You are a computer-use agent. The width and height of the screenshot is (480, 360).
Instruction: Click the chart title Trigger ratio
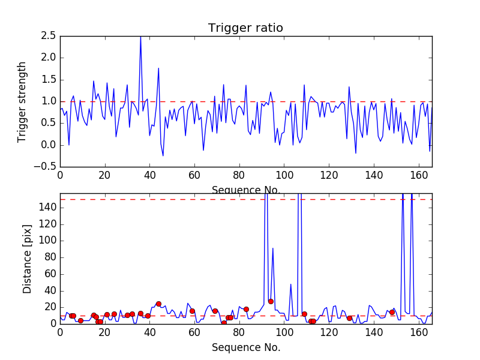(x=245, y=28)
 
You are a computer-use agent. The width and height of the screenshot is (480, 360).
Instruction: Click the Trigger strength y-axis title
(x=22, y=101)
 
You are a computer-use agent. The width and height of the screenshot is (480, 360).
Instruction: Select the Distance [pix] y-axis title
(x=28, y=259)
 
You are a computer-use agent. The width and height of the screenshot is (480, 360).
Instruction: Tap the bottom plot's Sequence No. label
(x=245, y=347)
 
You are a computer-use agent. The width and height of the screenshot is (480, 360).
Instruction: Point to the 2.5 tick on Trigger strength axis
(x=49, y=36)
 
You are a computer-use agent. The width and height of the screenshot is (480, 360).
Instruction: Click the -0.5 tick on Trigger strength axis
(x=47, y=167)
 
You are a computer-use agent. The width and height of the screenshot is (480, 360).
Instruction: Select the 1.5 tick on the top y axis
(x=49, y=80)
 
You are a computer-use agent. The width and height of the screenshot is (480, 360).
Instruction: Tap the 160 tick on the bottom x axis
(x=419, y=333)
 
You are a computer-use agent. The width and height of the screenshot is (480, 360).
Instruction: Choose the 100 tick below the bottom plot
(x=284, y=333)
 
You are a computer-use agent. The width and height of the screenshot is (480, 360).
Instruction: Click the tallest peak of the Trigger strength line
(x=141, y=37)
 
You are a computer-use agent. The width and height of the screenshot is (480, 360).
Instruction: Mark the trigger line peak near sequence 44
(x=158, y=68)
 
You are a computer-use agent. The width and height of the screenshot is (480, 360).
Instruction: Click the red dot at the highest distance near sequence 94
(x=271, y=301)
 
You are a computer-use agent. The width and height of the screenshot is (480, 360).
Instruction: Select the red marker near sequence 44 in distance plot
(x=158, y=304)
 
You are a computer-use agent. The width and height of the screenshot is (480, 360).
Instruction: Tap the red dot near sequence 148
(x=392, y=312)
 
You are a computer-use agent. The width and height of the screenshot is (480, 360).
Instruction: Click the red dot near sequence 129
(x=349, y=318)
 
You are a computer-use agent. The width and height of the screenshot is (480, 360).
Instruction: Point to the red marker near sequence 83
(x=246, y=309)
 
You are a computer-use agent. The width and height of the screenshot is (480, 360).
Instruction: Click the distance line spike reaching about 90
(x=273, y=248)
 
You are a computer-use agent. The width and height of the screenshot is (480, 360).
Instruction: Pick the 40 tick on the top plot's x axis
(x=149, y=175)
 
